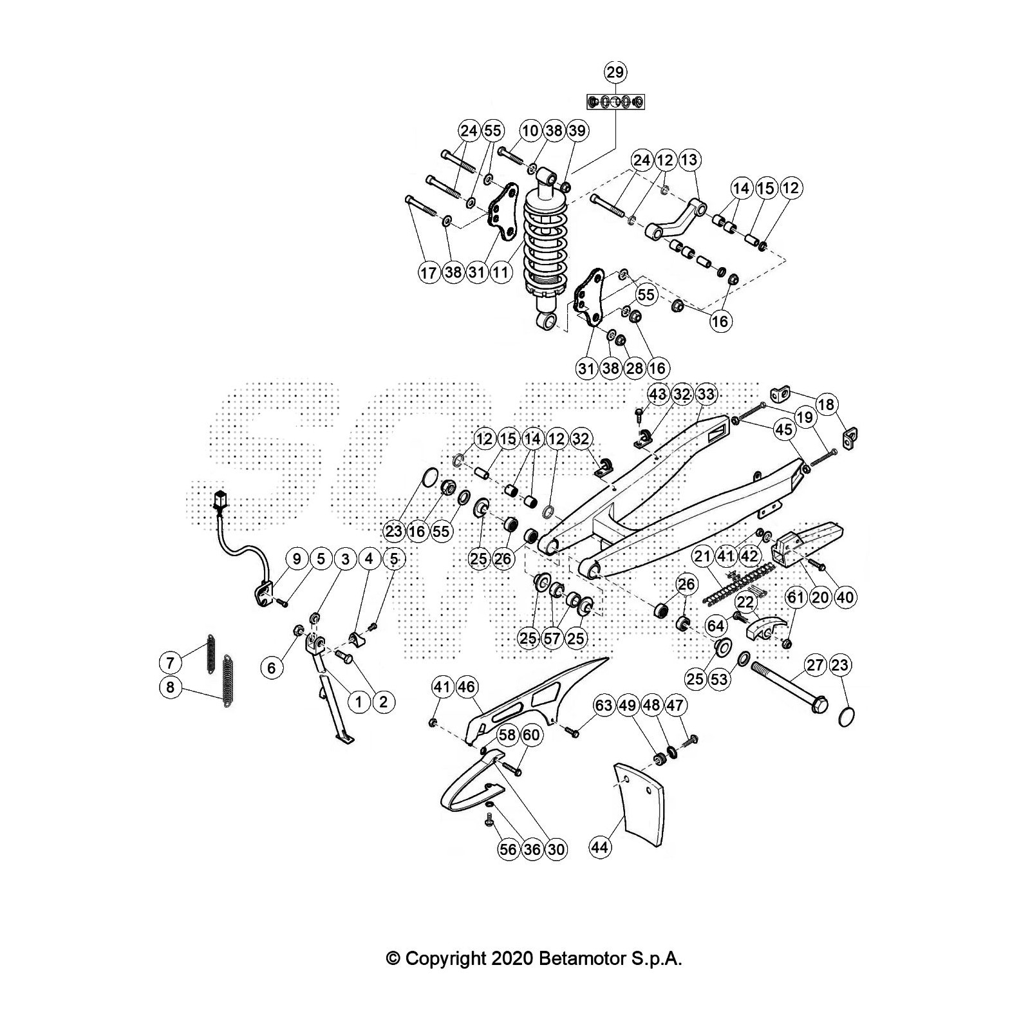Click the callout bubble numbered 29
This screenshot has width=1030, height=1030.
(x=615, y=71)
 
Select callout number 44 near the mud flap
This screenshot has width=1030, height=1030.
(x=600, y=848)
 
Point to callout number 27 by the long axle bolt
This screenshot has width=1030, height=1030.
(x=815, y=664)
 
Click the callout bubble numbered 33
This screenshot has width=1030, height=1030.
(x=706, y=394)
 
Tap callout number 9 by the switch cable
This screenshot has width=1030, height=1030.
(x=297, y=559)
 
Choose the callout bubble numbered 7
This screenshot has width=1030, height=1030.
(x=170, y=662)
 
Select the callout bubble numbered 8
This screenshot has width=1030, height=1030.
(x=170, y=687)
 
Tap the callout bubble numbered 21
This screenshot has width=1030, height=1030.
(x=702, y=555)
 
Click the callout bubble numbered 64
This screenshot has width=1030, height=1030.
(x=715, y=625)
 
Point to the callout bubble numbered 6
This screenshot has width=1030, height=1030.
(x=271, y=668)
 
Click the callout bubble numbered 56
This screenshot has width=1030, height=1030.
(x=508, y=849)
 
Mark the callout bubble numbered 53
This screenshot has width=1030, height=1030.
(x=718, y=679)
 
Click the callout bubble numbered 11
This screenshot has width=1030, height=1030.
(x=501, y=272)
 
